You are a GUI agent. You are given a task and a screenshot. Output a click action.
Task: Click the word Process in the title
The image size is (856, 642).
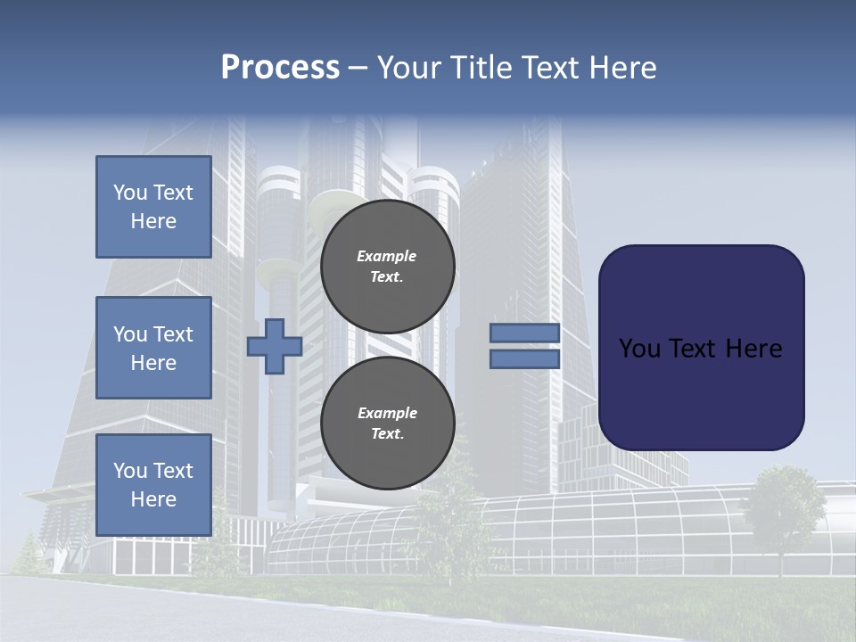point(280,68)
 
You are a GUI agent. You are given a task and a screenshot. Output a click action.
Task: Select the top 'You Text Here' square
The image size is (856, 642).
point(153,207)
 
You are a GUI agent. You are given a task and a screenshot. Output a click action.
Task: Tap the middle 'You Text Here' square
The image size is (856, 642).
point(153,348)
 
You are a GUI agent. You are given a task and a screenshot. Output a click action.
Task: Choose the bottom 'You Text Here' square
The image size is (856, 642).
point(153,484)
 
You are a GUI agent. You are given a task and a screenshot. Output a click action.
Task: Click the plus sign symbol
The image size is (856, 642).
point(275,347)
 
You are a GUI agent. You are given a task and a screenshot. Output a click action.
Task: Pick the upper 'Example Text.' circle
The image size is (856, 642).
point(388,266)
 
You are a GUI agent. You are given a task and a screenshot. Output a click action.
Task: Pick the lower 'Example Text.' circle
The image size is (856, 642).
point(388,423)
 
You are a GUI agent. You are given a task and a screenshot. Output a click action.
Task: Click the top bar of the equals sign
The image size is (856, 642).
point(524,333)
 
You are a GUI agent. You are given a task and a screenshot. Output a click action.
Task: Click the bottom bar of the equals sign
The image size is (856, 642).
point(524,358)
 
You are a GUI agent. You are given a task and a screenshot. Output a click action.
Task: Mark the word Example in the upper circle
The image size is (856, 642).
point(387,256)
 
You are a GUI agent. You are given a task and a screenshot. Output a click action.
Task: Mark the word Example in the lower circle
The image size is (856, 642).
point(387,413)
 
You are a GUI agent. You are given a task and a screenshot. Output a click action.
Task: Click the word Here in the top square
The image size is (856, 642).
point(153,221)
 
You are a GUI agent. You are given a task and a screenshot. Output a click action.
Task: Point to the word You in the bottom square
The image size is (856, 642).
point(129,471)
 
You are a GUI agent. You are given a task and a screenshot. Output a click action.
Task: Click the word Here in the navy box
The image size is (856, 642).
point(754,349)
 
